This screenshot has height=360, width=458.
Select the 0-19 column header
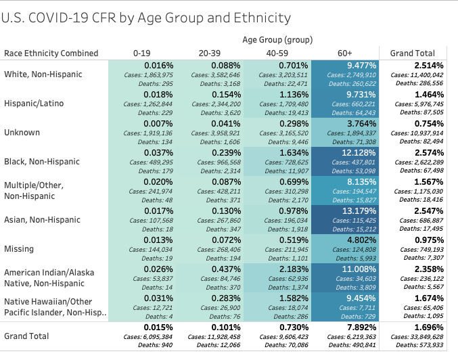tap(142, 53)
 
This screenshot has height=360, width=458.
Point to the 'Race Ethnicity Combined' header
tap(51, 53)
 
